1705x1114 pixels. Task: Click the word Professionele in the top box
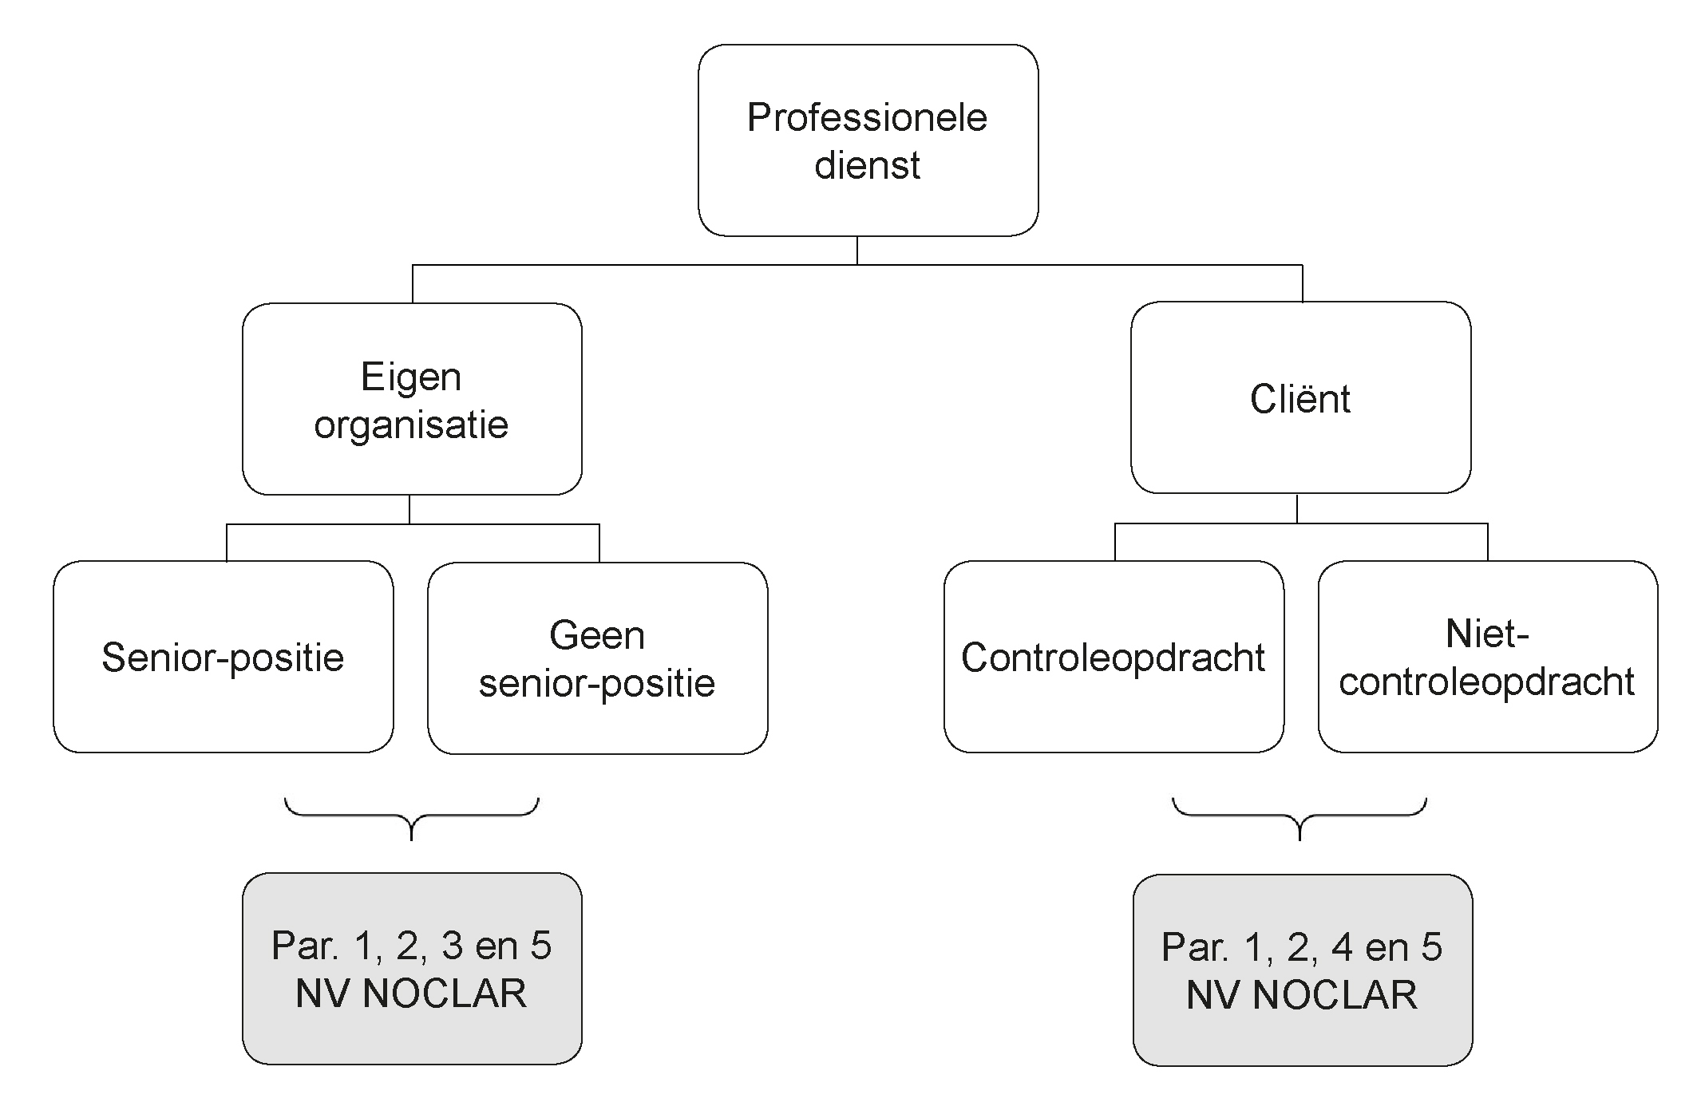[x=867, y=118]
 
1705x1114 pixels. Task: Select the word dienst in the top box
[x=867, y=165]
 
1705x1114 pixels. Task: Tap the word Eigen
[x=411, y=378]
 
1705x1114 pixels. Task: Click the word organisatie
[x=411, y=425]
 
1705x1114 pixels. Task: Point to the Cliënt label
[x=1300, y=399]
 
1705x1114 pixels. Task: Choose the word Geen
[x=597, y=636]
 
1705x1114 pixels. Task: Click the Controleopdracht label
[x=1114, y=658]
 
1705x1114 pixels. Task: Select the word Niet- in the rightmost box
[x=1487, y=634]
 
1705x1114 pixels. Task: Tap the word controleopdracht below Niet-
[x=1487, y=682]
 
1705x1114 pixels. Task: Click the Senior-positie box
[x=224, y=657]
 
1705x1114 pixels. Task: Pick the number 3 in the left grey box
[x=453, y=946]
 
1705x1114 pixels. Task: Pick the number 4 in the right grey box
[x=1343, y=948]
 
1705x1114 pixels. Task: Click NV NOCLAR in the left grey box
[x=411, y=994]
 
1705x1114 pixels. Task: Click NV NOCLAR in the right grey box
[x=1302, y=996]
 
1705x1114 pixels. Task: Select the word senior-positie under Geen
[x=597, y=684]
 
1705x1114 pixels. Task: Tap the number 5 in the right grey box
[x=1431, y=948]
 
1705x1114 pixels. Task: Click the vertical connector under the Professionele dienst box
[x=857, y=251]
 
